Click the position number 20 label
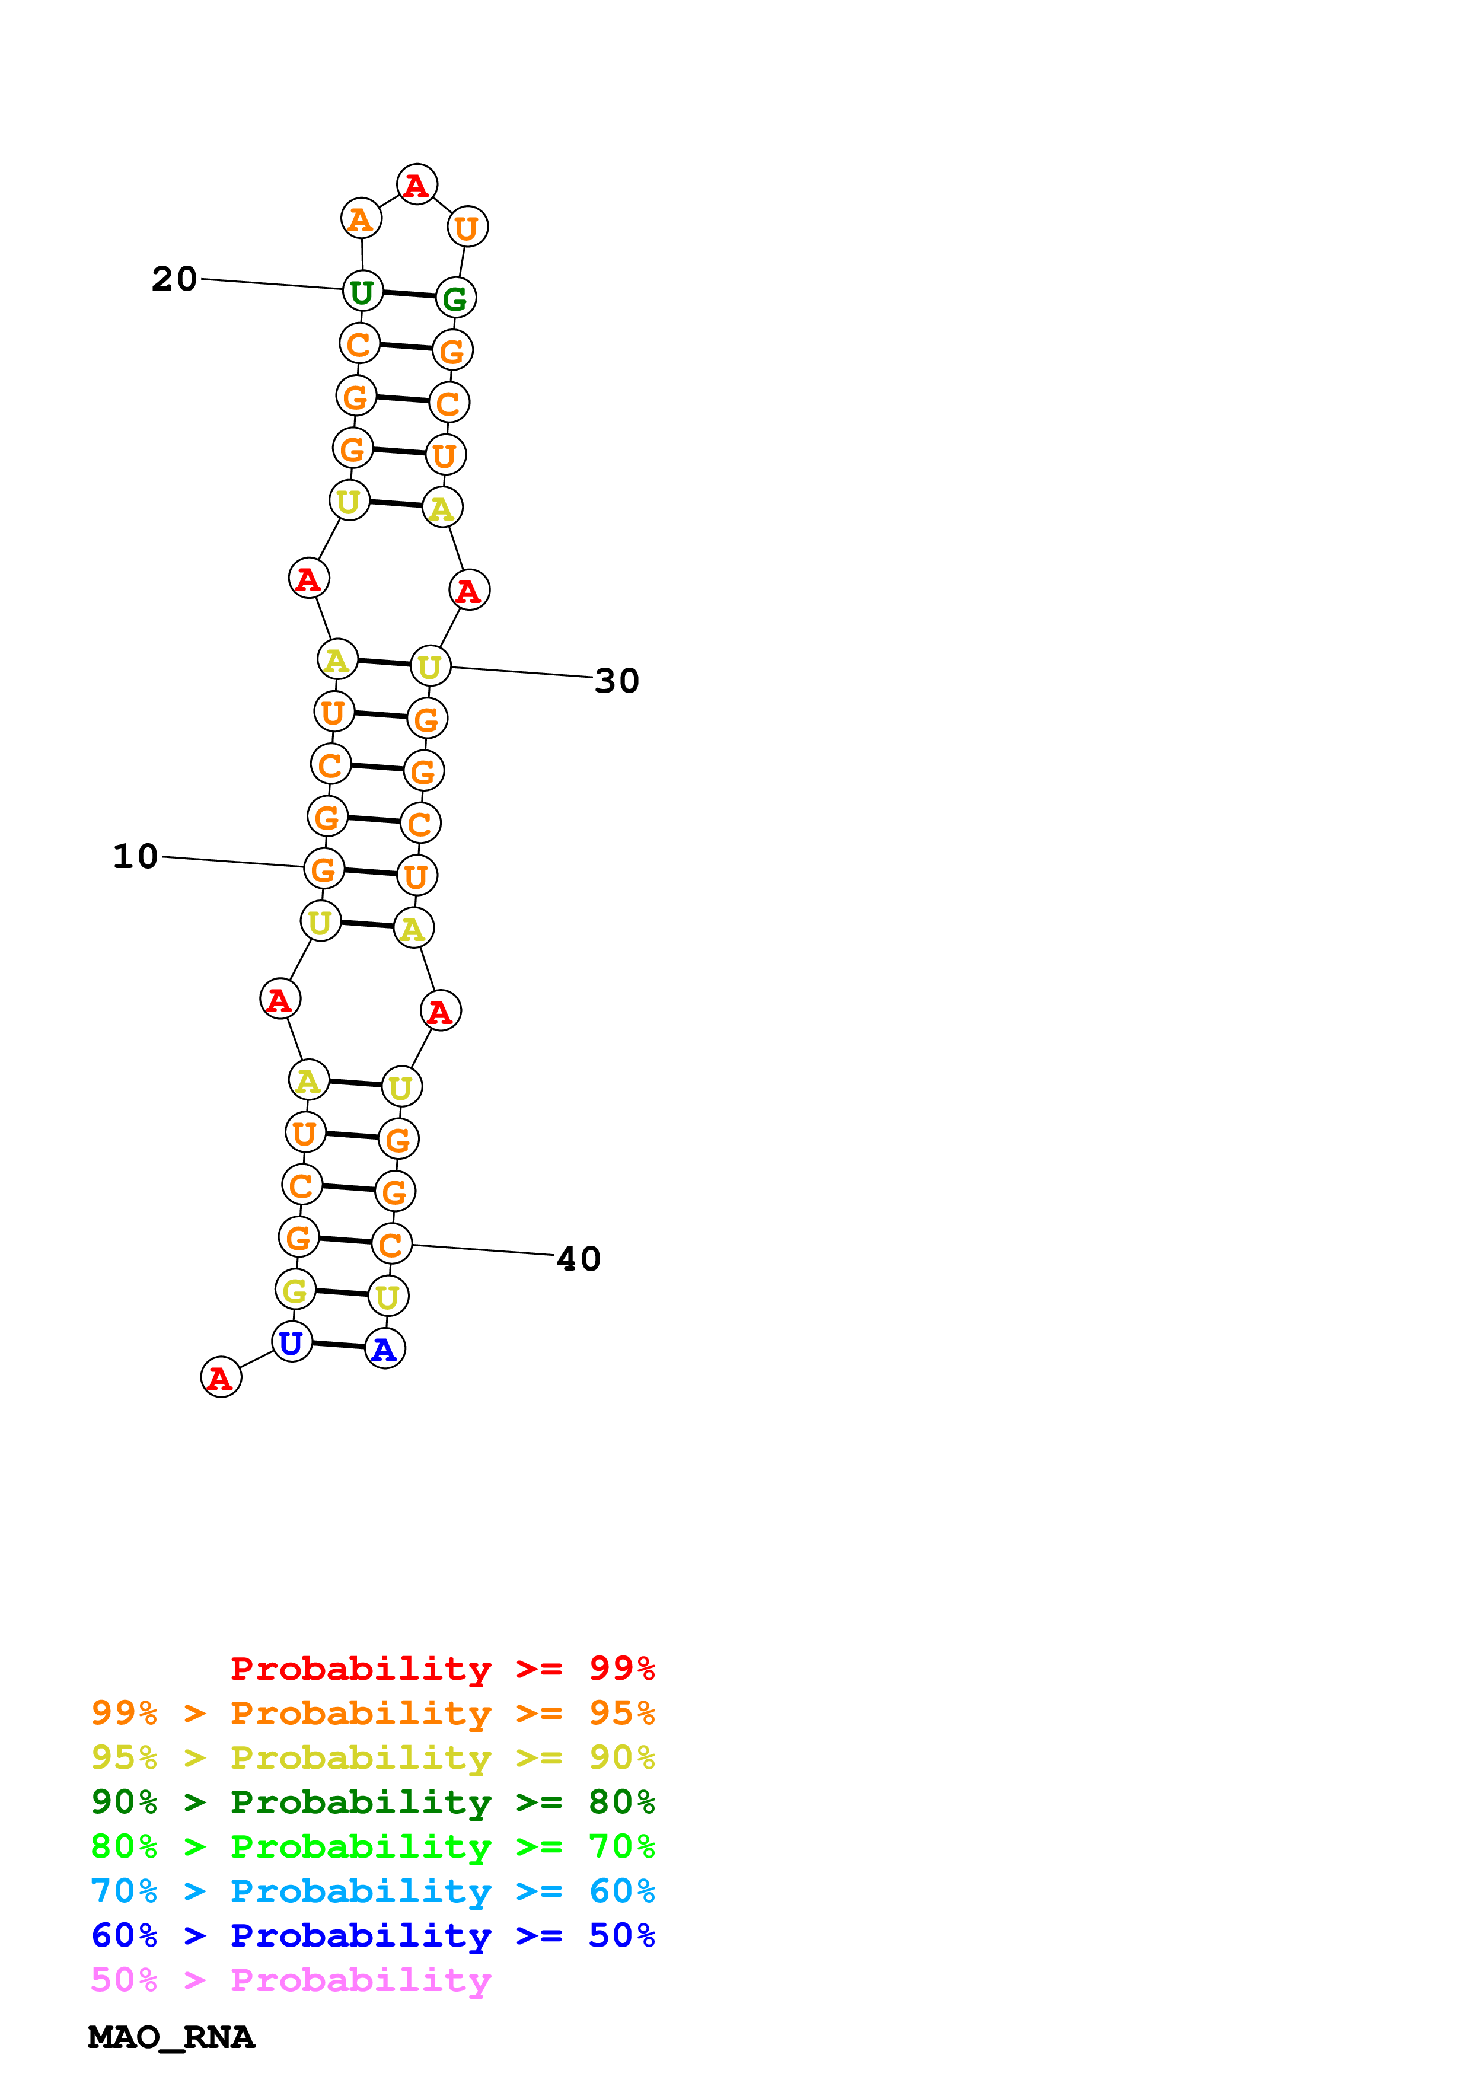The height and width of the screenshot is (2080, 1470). pos(174,279)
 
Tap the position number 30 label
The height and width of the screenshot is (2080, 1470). pos(617,680)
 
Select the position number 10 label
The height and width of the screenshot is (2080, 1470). pos(135,856)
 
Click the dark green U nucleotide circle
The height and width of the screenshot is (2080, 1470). pos(362,292)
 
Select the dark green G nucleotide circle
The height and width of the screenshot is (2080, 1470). pos(455,298)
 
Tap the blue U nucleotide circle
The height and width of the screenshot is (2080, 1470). pos(292,1342)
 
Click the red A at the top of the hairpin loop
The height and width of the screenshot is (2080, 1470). pos(417,185)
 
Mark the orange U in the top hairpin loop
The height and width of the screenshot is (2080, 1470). pos(467,226)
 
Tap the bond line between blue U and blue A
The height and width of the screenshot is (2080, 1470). pos(339,1345)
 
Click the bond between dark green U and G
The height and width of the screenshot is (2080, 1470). pos(409,295)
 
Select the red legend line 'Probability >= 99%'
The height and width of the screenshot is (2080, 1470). pos(442,1668)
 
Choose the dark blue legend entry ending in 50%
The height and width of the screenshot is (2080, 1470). pos(373,1935)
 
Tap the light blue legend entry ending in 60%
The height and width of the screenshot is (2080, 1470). pos(373,1891)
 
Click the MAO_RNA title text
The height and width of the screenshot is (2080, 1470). pos(171,2037)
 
